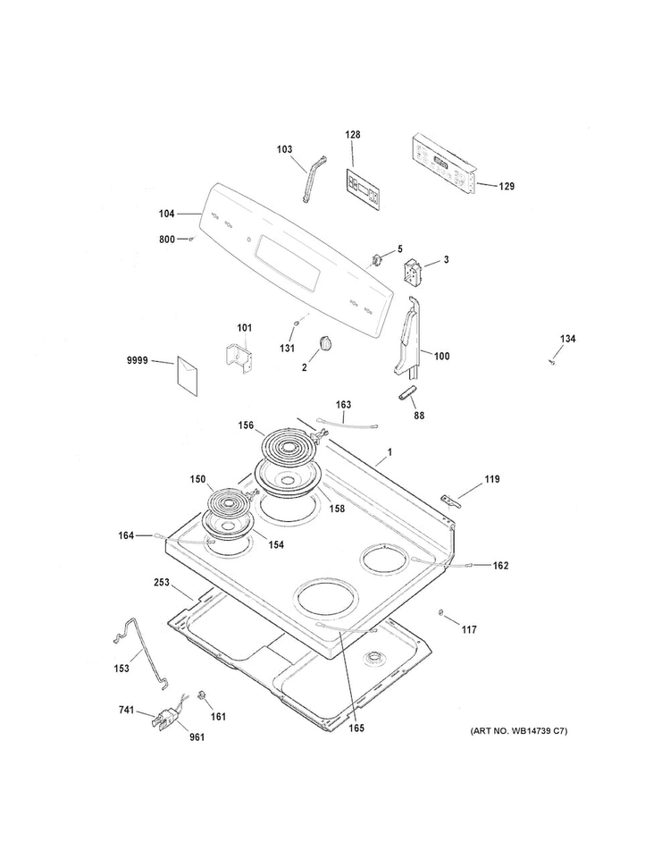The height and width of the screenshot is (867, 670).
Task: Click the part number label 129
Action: pos(506,186)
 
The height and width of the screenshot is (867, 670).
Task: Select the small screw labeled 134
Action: pos(551,362)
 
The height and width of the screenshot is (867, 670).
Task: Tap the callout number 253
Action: pos(162,583)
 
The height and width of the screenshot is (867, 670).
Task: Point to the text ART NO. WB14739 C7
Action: pos(518,731)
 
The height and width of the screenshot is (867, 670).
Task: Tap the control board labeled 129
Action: pos(444,164)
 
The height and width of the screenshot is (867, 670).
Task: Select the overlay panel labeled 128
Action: pos(364,189)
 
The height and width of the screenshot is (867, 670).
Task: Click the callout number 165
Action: pos(356,728)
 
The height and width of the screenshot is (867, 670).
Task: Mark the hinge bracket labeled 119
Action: pos(452,501)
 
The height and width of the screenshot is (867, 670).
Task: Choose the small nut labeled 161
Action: pos(202,694)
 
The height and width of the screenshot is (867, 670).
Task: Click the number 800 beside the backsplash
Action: pos(167,240)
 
